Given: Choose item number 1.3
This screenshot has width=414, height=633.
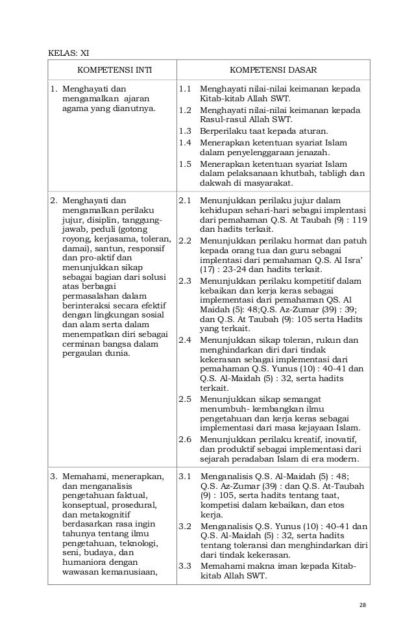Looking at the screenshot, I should [185, 130].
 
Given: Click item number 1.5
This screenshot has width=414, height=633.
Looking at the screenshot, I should [185, 164].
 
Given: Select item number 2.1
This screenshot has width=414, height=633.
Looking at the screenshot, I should [185, 201].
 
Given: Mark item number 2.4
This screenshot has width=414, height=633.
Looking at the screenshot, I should [185, 340].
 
